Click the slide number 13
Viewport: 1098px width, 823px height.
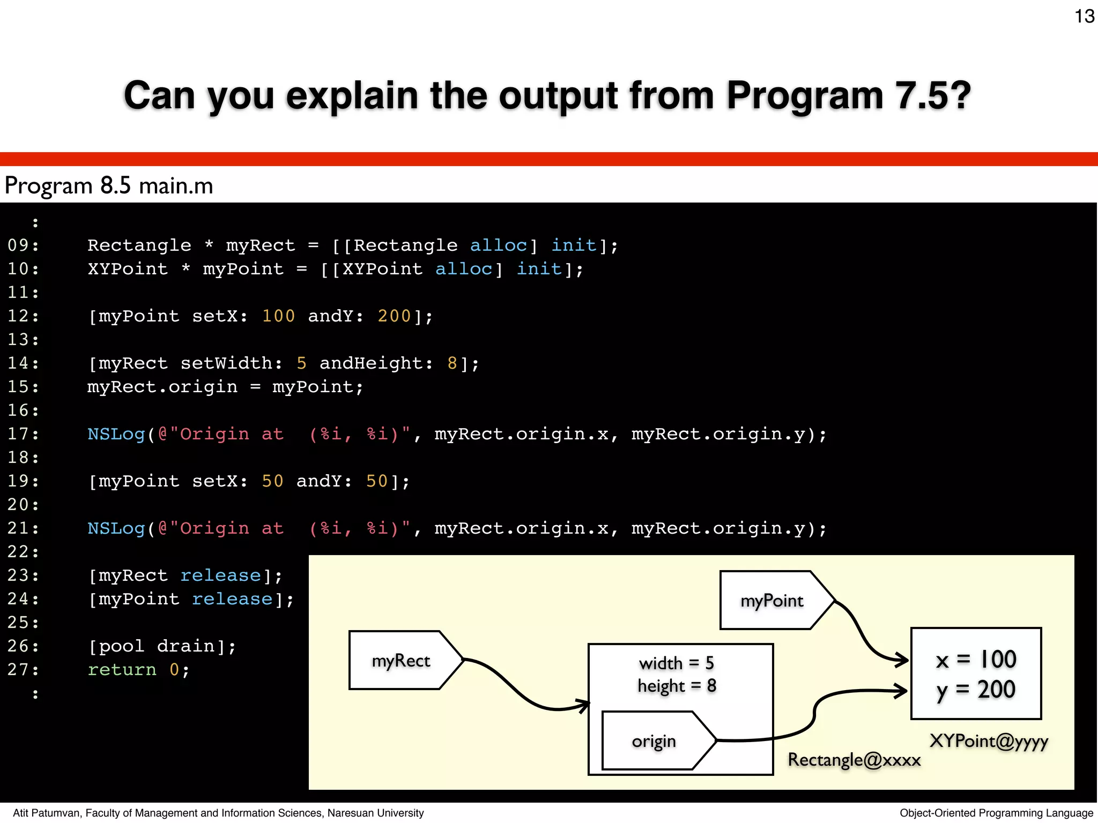1084,17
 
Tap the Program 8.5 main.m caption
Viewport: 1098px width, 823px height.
109,186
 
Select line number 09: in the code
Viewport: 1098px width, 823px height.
23,245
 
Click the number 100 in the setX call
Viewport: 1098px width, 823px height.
278,316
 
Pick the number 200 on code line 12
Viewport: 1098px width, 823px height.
394,316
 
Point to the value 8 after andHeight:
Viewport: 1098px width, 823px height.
452,363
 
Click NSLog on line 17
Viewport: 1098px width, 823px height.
116,434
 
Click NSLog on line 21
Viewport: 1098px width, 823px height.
116,528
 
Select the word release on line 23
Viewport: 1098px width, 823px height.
220,575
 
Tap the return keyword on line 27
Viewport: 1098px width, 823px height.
122,670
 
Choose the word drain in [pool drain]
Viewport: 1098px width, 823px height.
186,646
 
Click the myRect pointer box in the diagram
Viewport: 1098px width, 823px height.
401,661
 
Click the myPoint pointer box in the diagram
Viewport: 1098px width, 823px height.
771,601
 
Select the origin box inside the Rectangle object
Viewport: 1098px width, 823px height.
654,741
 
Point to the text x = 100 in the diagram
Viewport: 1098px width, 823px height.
976,660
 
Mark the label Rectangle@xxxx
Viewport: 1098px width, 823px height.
854,760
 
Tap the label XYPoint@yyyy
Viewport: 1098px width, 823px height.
989,741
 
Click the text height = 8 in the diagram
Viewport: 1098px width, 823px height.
677,686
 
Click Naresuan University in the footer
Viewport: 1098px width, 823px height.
375,813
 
